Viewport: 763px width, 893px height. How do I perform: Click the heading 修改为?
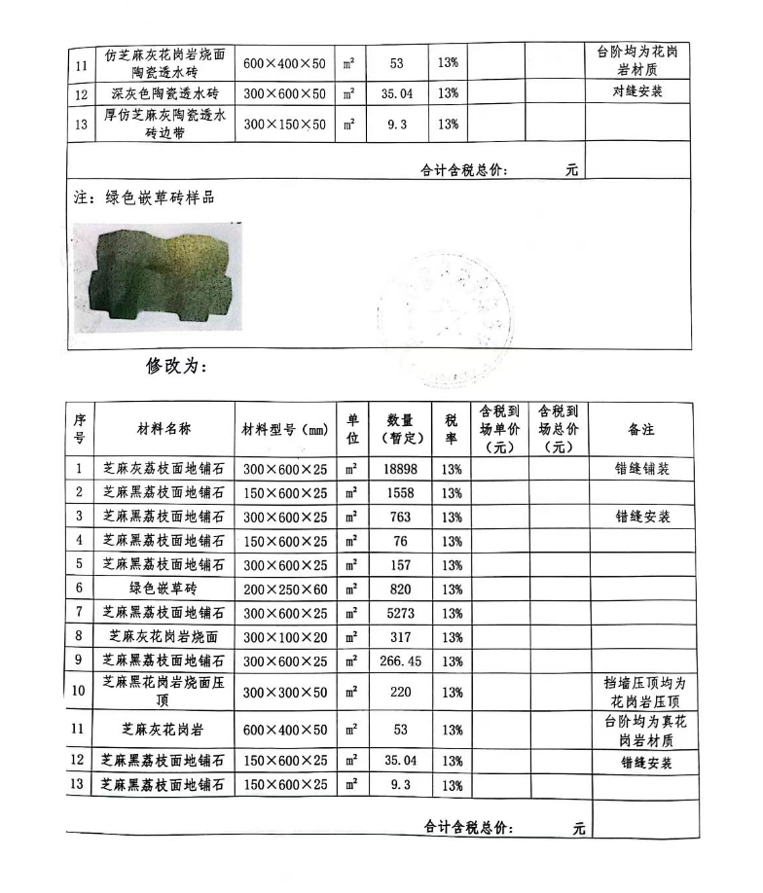[x=178, y=367]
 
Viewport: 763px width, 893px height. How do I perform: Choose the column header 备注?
[x=641, y=429]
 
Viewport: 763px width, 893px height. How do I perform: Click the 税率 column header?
[x=451, y=429]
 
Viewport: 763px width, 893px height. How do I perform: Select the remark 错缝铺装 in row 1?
[x=641, y=469]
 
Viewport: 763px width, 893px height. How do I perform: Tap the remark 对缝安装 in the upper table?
[x=636, y=94]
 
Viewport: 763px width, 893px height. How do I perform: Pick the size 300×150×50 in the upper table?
[x=285, y=125]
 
